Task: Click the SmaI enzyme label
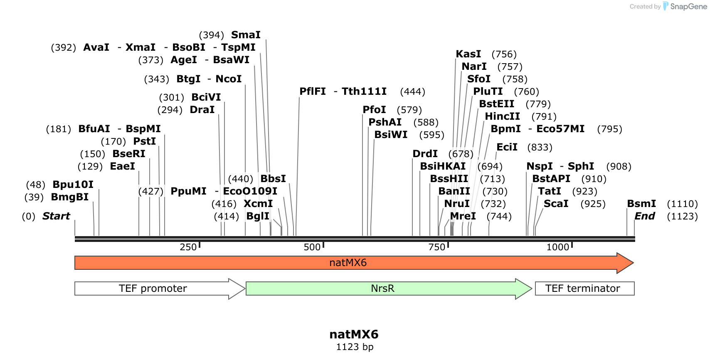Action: click(x=246, y=35)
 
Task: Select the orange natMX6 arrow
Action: click(x=348, y=263)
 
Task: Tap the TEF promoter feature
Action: click(x=153, y=288)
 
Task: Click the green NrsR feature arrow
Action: click(x=382, y=288)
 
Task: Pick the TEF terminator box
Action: click(x=583, y=288)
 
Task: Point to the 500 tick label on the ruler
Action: click(x=312, y=247)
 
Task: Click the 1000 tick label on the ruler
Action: click(x=557, y=247)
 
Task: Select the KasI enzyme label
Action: click(x=468, y=54)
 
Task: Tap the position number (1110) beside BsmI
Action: click(x=682, y=204)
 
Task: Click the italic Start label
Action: click(x=56, y=216)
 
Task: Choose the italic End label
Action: click(x=645, y=216)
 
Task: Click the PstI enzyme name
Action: click(x=144, y=141)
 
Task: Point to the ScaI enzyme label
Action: click(x=556, y=204)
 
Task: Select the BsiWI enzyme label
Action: click(x=391, y=135)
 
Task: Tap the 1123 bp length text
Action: click(x=355, y=347)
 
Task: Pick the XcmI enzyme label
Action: click(x=258, y=204)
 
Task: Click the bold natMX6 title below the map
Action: click(x=354, y=334)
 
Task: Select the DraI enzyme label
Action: click(x=202, y=110)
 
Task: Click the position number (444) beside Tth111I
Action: click(x=412, y=91)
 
